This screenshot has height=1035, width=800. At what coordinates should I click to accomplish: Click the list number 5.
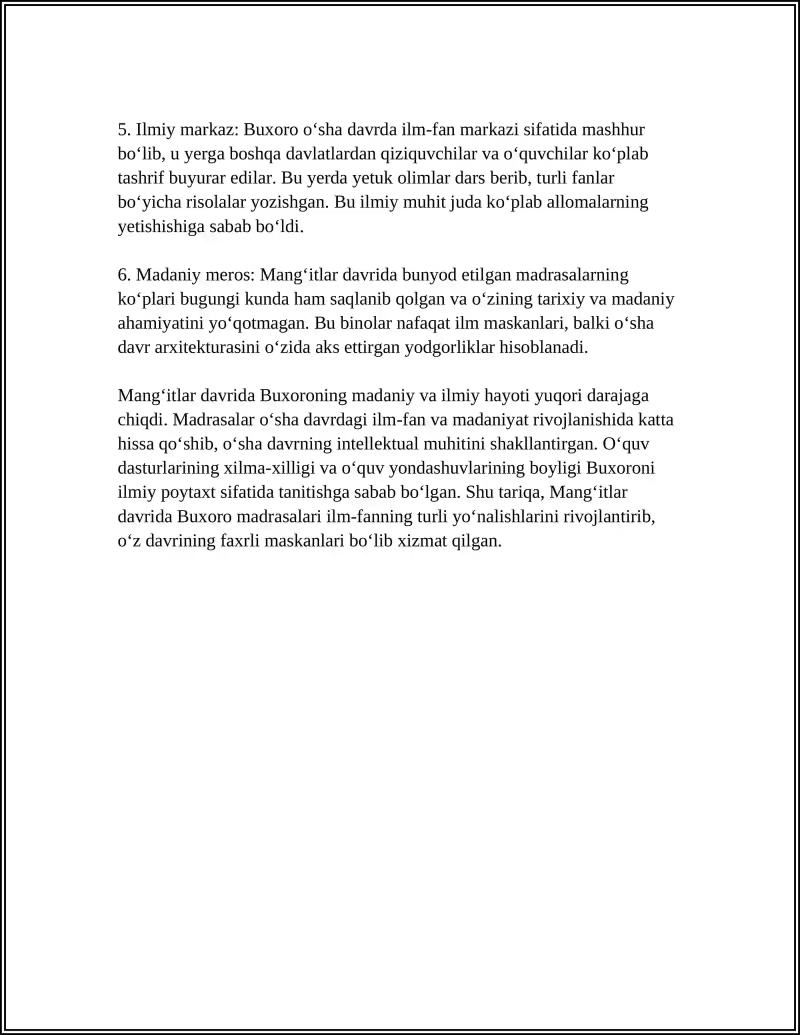[x=124, y=130]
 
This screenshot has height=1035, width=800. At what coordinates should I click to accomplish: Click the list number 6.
[x=124, y=275]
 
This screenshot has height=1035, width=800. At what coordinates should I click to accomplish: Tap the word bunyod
[x=422, y=275]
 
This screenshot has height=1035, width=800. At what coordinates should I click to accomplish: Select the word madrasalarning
[x=572, y=275]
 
